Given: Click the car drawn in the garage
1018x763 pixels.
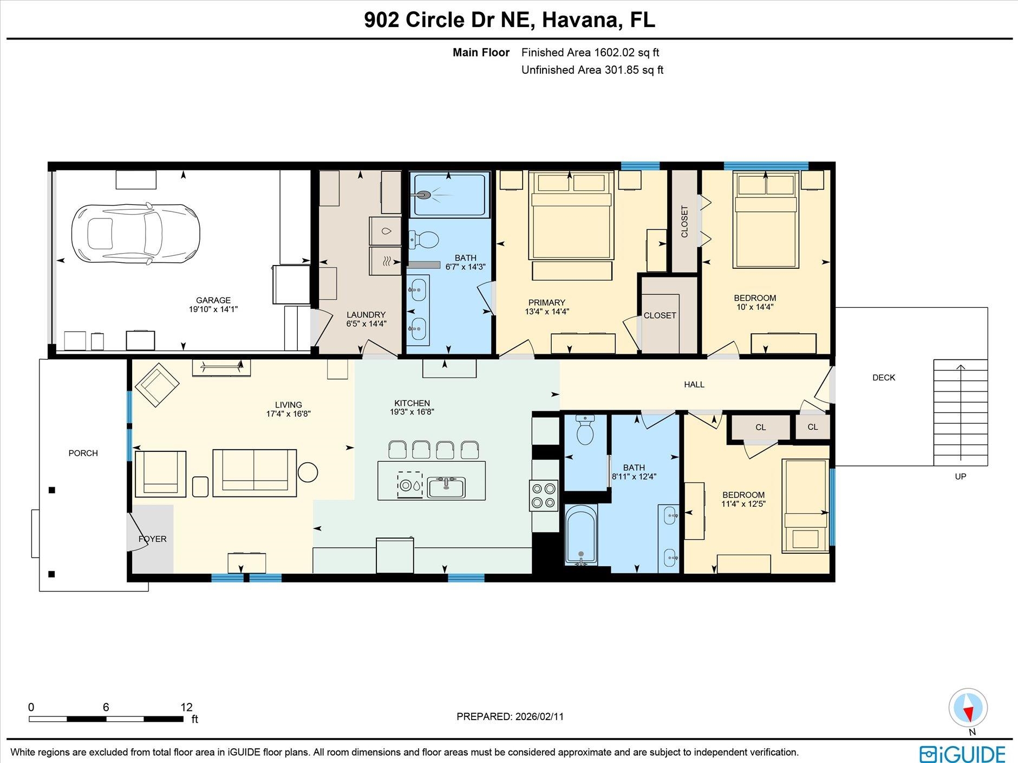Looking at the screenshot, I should click(x=136, y=234).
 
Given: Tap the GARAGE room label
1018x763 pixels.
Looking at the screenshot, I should click(x=213, y=300).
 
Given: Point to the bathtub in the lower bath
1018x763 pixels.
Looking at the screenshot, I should click(x=581, y=534).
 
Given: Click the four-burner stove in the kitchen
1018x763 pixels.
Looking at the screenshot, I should click(x=544, y=495).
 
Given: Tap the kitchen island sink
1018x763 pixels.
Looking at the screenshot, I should click(x=446, y=487).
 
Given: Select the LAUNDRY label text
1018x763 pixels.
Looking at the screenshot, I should click(x=366, y=315).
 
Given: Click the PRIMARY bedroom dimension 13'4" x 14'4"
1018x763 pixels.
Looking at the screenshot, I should click(x=547, y=312).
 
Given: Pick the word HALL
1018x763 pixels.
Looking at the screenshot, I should click(x=694, y=385).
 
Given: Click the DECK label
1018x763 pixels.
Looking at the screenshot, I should click(x=884, y=378).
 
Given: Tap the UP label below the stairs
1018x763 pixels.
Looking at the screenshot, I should click(x=960, y=477).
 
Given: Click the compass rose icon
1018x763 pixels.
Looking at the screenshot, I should click(x=968, y=708).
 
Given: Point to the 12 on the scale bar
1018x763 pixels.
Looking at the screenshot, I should click(x=186, y=707).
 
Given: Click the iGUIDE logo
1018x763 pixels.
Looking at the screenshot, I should click(x=962, y=754).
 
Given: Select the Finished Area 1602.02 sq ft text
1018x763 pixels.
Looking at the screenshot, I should click(x=590, y=53).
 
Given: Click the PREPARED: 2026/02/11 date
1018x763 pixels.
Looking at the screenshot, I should click(x=510, y=716).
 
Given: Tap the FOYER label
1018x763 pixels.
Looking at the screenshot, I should click(x=152, y=539).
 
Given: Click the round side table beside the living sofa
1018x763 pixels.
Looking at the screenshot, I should click(x=308, y=472).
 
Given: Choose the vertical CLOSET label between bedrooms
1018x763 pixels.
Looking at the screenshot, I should click(x=684, y=221).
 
